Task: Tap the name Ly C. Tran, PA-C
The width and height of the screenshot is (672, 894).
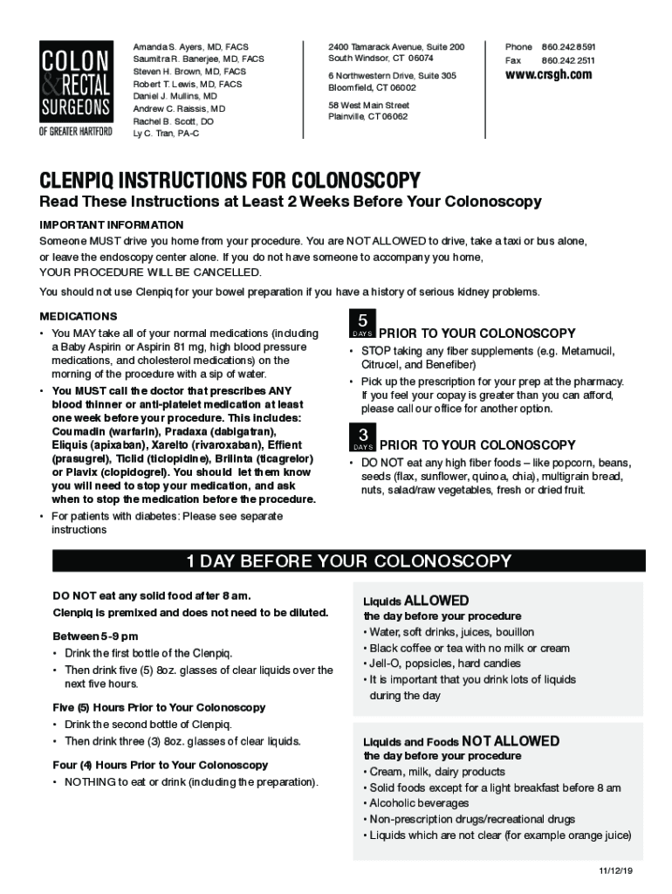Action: tap(166, 134)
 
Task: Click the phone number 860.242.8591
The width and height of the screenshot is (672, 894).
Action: tap(568, 45)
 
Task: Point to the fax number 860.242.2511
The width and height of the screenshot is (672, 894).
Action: tap(568, 60)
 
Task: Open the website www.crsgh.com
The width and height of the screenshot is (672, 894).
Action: tap(548, 75)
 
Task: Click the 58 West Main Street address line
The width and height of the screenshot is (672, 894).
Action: tap(368, 105)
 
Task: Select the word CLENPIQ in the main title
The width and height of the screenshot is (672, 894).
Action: tap(86, 181)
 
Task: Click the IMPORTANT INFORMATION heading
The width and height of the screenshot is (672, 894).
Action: tap(111, 224)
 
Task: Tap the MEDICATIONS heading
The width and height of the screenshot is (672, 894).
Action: tap(79, 316)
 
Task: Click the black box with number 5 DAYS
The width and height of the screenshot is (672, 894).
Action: tap(361, 324)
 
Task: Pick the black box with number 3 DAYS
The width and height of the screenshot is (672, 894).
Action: tap(361, 437)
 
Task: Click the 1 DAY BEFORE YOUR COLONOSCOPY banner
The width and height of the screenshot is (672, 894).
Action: tap(350, 560)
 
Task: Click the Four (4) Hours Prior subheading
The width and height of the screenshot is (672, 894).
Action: tap(161, 765)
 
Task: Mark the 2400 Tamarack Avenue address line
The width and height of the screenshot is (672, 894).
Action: tap(396, 45)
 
